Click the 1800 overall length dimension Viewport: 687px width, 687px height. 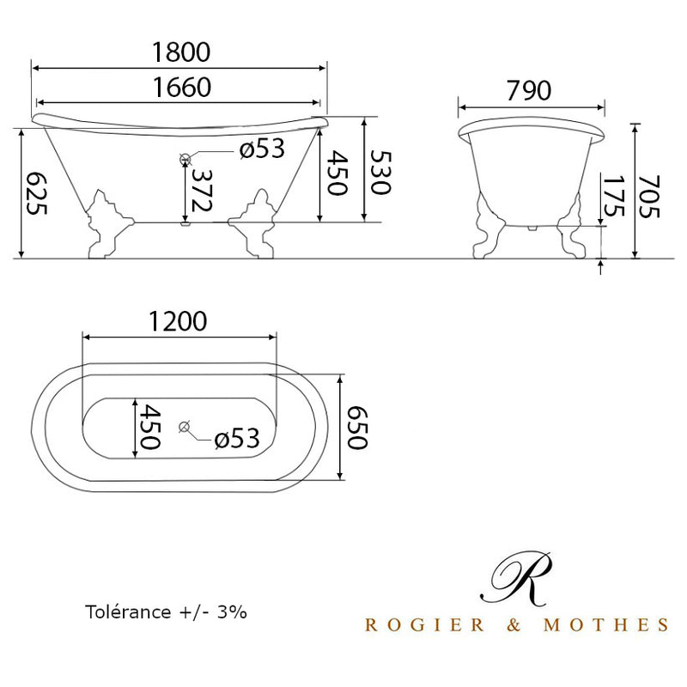pyautogui.click(x=181, y=52)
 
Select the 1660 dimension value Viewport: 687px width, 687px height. pyautogui.click(x=181, y=88)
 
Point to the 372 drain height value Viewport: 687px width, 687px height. pyautogui.click(x=204, y=190)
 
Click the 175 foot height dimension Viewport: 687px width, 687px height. pyautogui.click(x=612, y=198)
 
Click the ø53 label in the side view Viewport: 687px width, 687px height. pyautogui.click(x=261, y=149)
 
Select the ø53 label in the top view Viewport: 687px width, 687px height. pyautogui.click(x=236, y=439)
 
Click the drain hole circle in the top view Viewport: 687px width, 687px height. pyautogui.click(x=183, y=427)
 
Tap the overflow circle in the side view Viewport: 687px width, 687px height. pyautogui.click(x=185, y=159)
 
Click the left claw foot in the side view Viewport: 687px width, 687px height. pyautogui.click(x=106, y=225)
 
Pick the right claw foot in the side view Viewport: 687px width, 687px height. pyautogui.click(x=257, y=225)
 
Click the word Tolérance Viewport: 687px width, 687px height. pyautogui.click(x=125, y=612)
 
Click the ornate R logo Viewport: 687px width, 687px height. pyautogui.click(x=517, y=577)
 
